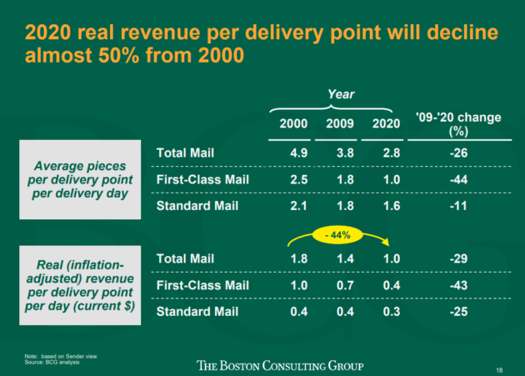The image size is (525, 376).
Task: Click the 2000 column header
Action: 294,124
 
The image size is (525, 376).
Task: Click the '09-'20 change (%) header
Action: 457,124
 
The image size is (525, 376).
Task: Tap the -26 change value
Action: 457,153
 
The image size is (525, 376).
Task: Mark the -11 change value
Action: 457,205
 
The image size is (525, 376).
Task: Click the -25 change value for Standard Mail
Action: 457,312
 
